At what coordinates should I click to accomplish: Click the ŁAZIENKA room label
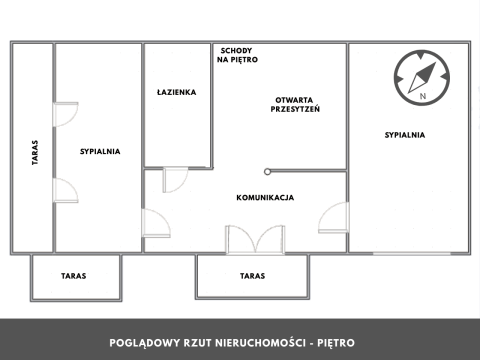click(176, 92)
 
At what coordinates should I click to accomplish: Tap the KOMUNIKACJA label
click(265, 198)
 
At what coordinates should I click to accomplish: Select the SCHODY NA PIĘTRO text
click(237, 55)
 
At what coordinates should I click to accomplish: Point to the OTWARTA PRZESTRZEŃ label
click(295, 104)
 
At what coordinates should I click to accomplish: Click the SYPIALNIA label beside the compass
click(405, 135)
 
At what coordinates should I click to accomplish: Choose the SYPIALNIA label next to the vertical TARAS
click(100, 151)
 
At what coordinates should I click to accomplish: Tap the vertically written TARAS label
click(35, 152)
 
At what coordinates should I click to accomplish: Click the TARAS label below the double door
click(252, 276)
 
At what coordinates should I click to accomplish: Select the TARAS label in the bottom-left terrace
click(73, 276)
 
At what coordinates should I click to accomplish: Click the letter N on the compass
click(423, 96)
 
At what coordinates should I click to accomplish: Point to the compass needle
click(422, 78)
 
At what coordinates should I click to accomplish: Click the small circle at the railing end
click(267, 172)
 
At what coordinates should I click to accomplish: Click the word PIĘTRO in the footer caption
click(336, 343)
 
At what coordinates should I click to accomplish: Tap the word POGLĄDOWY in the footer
click(145, 343)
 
